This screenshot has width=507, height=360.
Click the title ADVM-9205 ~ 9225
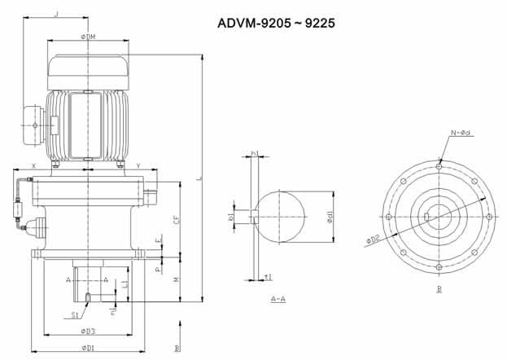[x=277, y=23]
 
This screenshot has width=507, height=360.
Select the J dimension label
[x=55, y=13]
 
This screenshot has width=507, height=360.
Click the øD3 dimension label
[x=87, y=331]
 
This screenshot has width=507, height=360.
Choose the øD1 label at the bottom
[x=87, y=348]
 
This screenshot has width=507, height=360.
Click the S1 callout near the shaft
[x=74, y=314]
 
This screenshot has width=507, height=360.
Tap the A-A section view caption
[x=277, y=299]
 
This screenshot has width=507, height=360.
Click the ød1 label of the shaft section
[x=330, y=217]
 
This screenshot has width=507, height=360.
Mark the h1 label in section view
[x=254, y=153]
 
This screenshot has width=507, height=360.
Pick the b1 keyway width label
[x=231, y=217]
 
